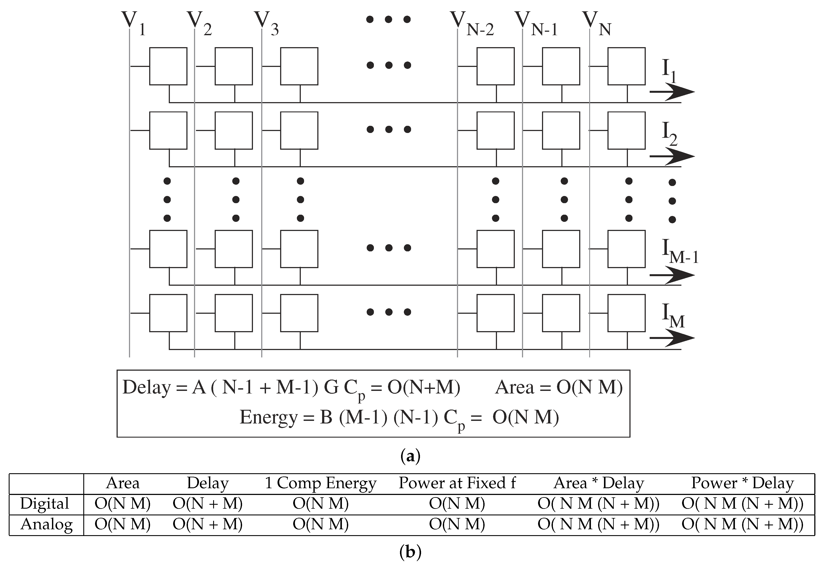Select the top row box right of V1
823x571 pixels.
point(168,66)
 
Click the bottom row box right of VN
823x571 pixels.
point(626,313)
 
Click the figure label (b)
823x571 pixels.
point(410,552)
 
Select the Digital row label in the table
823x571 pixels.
point(45,504)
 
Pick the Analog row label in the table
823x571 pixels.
point(47,525)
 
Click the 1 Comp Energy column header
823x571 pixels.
point(321,483)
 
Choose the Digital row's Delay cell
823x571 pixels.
point(208,504)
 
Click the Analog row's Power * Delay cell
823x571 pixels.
point(743,525)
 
